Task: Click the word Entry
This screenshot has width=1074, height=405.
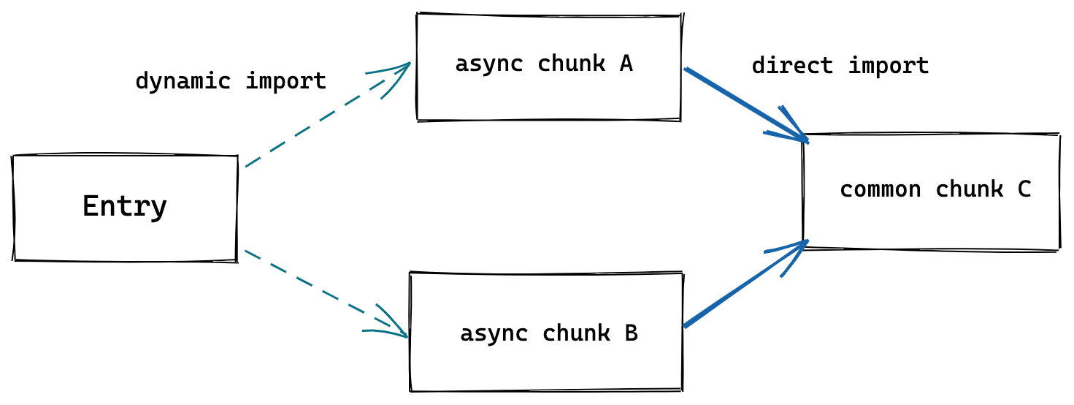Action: pyautogui.click(x=125, y=207)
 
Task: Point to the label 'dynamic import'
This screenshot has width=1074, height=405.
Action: pyautogui.click(x=231, y=81)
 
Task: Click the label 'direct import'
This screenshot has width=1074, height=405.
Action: pyautogui.click(x=840, y=66)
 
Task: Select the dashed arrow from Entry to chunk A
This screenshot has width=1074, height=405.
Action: pyautogui.click(x=314, y=124)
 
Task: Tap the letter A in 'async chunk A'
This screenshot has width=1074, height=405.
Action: pyautogui.click(x=626, y=64)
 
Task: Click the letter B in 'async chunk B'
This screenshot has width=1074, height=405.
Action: pyautogui.click(x=631, y=333)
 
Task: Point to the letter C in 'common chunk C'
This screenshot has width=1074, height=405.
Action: pyautogui.click(x=1024, y=189)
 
